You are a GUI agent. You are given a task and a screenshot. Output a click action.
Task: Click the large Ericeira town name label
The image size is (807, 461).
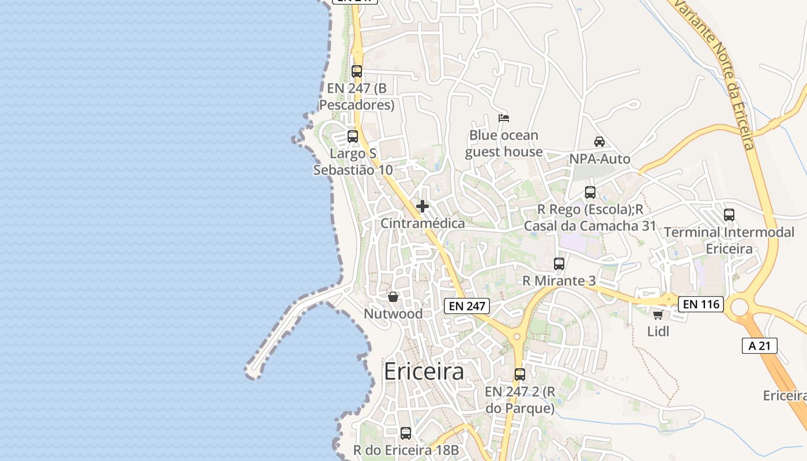coord(424,371)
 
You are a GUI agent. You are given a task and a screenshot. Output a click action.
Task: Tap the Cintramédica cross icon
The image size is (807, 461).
coord(423,206)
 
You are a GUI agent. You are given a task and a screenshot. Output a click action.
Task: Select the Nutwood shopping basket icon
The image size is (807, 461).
coord(393,297)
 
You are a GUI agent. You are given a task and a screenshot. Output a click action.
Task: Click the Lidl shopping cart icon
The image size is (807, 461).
coord(658,315)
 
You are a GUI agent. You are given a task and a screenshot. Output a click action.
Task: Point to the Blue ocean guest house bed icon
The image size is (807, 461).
coord(504,118)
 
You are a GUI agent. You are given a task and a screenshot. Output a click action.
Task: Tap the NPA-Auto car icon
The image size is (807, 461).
coord(599,142)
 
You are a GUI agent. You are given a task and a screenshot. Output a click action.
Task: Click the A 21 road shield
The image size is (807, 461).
coord(759,346)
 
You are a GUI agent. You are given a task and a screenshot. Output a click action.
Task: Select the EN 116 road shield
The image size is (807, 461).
coord(700,304)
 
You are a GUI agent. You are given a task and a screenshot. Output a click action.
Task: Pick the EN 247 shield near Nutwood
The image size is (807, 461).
coord(467,306)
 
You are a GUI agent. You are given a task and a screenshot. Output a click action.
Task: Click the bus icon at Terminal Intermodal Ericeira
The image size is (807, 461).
coord(729,215)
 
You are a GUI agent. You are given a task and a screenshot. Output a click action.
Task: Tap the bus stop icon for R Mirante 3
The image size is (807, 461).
coord(559,264)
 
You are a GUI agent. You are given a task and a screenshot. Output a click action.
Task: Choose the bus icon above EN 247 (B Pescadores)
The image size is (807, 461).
coord(357,71)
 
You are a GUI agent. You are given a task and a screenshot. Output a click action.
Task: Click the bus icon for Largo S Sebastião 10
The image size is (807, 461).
coord(353,137)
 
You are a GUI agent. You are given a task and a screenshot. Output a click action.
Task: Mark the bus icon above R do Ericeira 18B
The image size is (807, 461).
coord(406,433)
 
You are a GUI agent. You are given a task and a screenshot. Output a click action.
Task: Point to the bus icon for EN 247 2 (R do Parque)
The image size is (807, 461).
coord(520,375)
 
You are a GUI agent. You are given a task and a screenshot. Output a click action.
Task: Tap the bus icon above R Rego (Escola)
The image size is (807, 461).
coord(590,192)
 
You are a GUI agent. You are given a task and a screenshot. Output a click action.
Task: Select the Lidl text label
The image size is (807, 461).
coord(658,331)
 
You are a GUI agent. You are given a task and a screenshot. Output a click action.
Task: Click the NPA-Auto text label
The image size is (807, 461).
coord(599,158)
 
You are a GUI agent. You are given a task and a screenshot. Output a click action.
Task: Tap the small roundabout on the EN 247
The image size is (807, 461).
coord(516,337)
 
